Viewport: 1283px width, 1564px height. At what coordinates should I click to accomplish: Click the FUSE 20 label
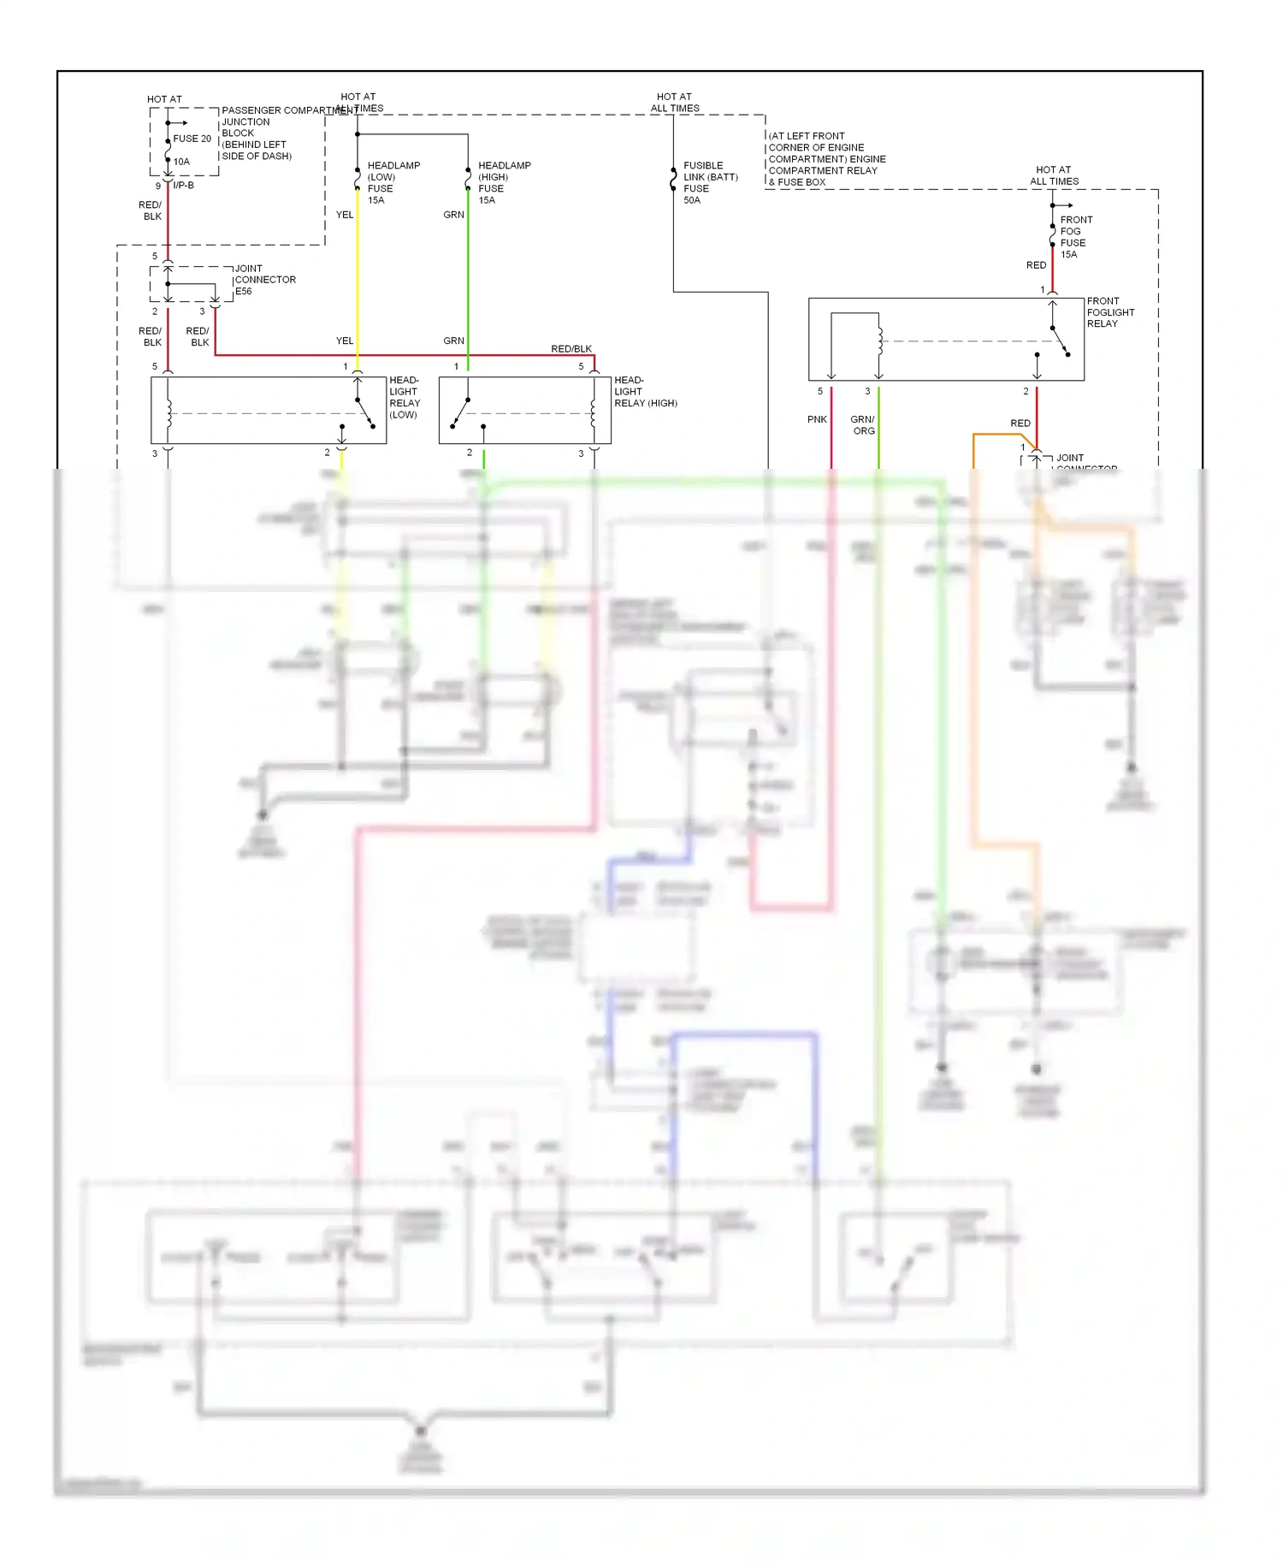(192, 139)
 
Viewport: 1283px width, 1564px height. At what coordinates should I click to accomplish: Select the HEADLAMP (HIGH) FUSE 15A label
(503, 182)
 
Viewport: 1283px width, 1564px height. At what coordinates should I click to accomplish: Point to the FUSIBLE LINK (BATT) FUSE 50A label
(710, 182)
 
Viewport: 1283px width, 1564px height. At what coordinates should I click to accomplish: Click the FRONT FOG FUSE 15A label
(1075, 237)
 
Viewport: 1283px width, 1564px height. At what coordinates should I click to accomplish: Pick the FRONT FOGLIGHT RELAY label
(1109, 312)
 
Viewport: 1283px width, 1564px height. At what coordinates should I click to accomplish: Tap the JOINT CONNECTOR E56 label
(264, 280)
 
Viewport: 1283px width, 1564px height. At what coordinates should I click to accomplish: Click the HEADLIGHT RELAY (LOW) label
(405, 397)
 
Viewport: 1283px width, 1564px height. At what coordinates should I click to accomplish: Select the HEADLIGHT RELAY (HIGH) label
(644, 392)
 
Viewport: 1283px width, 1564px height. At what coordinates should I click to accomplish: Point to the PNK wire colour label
(817, 419)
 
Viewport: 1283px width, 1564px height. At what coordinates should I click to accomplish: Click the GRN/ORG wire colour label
(863, 425)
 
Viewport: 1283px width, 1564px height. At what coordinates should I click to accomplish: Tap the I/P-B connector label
(184, 186)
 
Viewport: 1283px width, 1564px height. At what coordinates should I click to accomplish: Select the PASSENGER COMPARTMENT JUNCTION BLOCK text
(257, 133)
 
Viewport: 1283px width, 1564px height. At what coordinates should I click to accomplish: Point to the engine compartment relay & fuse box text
(825, 159)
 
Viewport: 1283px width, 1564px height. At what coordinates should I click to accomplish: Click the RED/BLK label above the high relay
(571, 348)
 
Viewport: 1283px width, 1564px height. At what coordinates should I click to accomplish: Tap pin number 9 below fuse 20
(157, 186)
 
